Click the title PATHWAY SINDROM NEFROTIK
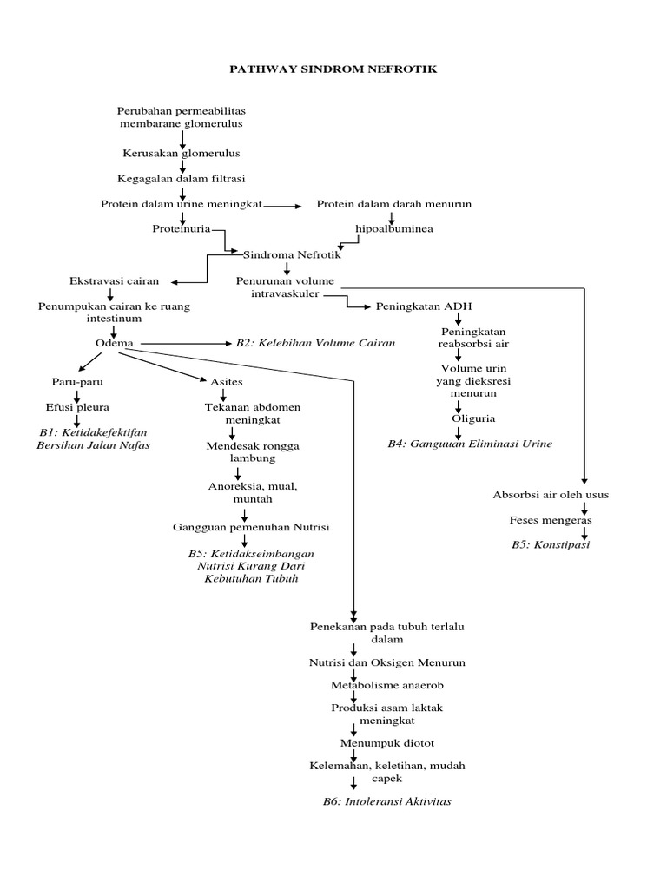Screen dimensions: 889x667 [x=333, y=68]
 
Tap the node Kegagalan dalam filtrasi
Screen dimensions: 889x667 [x=182, y=179]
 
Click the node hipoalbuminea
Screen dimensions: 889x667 [x=393, y=229]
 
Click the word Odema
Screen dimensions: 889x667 [x=114, y=342]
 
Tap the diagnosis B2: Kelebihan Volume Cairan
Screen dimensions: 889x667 [x=315, y=343]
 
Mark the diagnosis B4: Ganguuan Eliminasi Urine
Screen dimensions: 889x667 [x=469, y=444]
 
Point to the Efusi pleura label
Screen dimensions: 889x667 [x=77, y=406]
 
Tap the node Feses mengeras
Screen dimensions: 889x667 [x=551, y=519]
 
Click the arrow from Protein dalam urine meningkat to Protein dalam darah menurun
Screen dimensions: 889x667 [x=282, y=206]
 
